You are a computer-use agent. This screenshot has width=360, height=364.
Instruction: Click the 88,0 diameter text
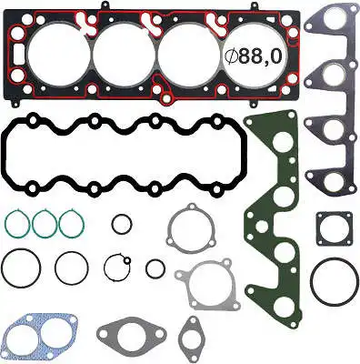click(260, 56)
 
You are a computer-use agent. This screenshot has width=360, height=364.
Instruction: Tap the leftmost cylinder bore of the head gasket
click(57, 54)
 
